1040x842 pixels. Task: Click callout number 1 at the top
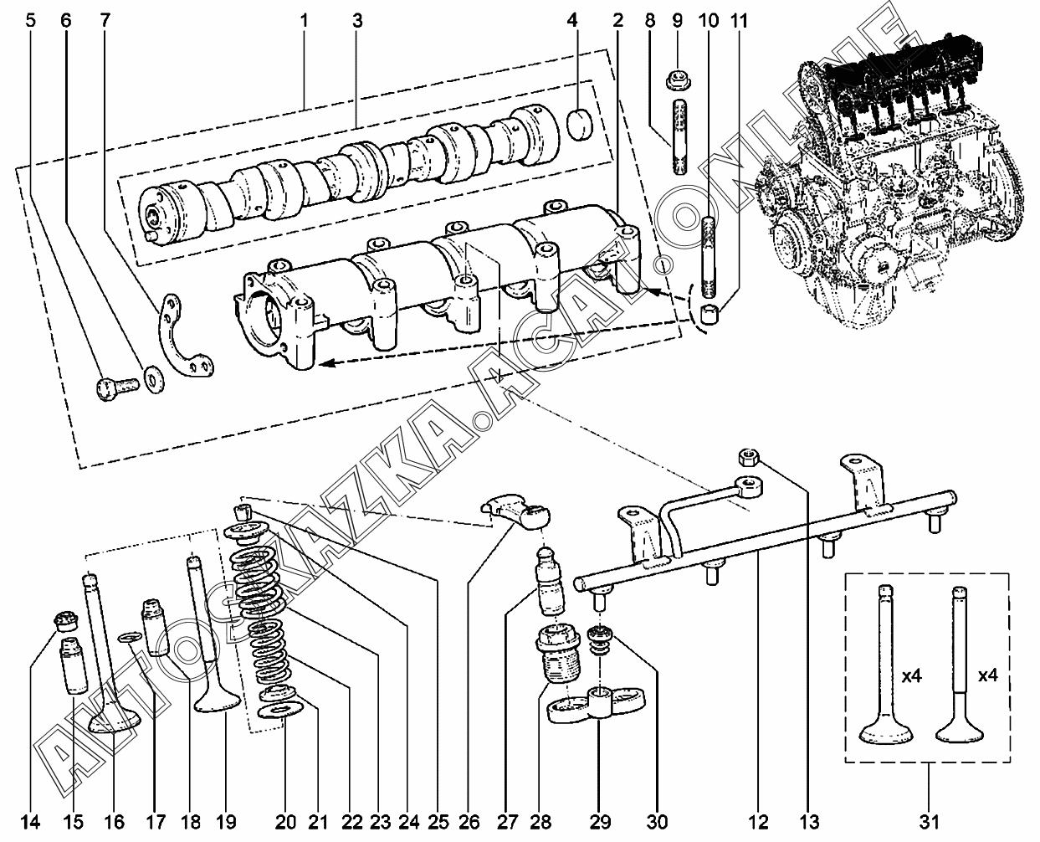pos(305,19)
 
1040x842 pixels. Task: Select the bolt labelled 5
pos(115,388)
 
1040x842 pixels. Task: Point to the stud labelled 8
pos(679,137)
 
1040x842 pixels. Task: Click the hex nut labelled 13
pos(748,456)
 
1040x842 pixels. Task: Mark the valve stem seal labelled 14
pos(65,621)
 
